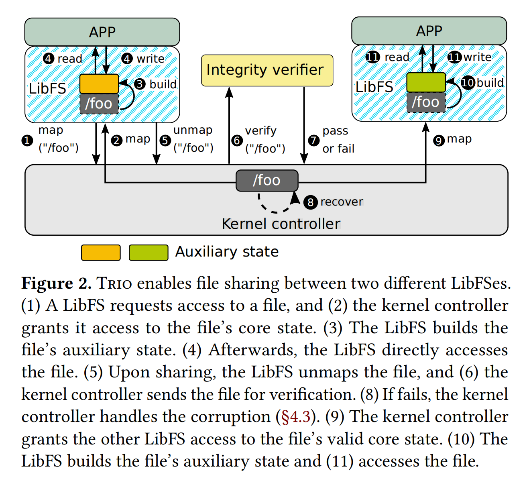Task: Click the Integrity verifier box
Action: (x=267, y=70)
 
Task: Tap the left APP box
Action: (x=102, y=32)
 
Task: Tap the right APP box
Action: (x=429, y=31)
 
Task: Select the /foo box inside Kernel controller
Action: (x=267, y=181)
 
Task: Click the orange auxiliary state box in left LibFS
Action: (x=99, y=84)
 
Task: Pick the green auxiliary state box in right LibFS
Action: (x=426, y=83)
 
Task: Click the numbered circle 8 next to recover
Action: (x=310, y=202)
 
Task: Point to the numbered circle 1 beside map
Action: (x=27, y=140)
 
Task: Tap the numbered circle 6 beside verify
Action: (x=237, y=140)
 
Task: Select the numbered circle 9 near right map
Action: (x=439, y=140)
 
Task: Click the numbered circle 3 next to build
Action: (x=140, y=84)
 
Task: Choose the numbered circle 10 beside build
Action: (x=468, y=83)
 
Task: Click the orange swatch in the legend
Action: (x=101, y=253)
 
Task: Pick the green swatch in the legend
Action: (x=148, y=253)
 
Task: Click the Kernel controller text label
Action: (x=281, y=224)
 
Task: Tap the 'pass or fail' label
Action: (x=338, y=140)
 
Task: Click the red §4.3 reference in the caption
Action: (x=295, y=417)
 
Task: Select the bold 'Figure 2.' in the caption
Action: (x=57, y=283)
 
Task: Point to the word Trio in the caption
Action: (x=114, y=283)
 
